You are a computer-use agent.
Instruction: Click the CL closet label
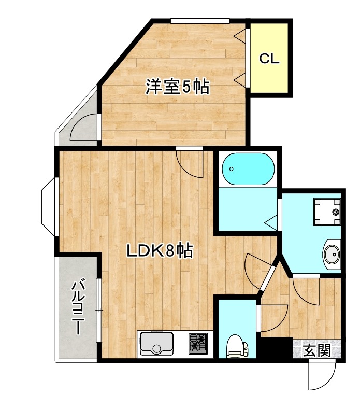tap(269, 59)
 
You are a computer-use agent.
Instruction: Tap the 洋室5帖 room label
tap(177, 87)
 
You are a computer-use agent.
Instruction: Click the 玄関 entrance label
tap(316, 351)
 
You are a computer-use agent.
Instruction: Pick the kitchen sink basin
tap(157, 343)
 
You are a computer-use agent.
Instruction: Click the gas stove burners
tap(197, 343)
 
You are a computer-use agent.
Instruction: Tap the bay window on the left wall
tap(49, 207)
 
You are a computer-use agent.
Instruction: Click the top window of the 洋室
tap(199, 21)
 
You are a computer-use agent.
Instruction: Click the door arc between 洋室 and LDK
tap(188, 163)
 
